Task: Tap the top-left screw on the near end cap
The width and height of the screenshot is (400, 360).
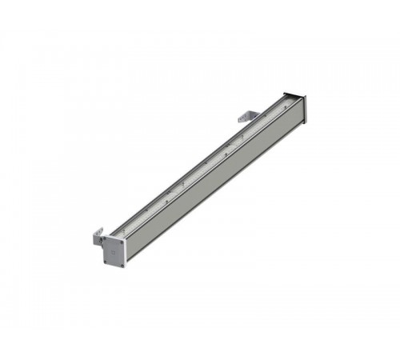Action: [x=104, y=239]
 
